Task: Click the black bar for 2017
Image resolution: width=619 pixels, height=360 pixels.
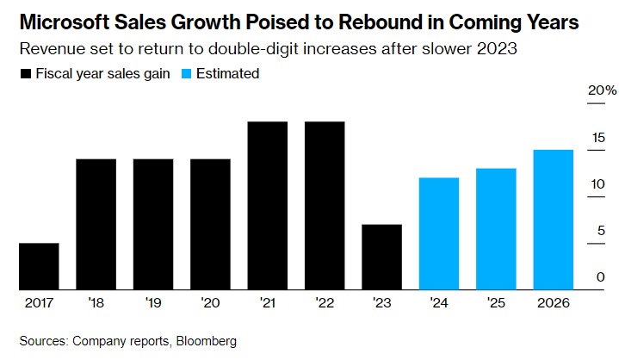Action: click(39, 266)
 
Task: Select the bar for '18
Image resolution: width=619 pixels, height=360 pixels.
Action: click(96, 224)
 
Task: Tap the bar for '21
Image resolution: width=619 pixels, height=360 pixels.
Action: click(267, 206)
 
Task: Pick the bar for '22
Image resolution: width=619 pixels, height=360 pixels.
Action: click(324, 206)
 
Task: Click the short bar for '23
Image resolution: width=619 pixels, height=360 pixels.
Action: click(381, 257)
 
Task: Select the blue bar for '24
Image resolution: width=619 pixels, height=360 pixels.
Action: click(438, 233)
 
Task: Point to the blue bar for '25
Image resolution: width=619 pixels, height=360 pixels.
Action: click(495, 229)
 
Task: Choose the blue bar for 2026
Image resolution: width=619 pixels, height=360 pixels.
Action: click(553, 220)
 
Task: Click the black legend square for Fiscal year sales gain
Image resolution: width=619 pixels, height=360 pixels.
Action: click(25, 74)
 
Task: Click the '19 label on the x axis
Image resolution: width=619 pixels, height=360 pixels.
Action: click(152, 302)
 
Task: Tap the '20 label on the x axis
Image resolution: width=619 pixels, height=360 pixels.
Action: click(209, 302)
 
